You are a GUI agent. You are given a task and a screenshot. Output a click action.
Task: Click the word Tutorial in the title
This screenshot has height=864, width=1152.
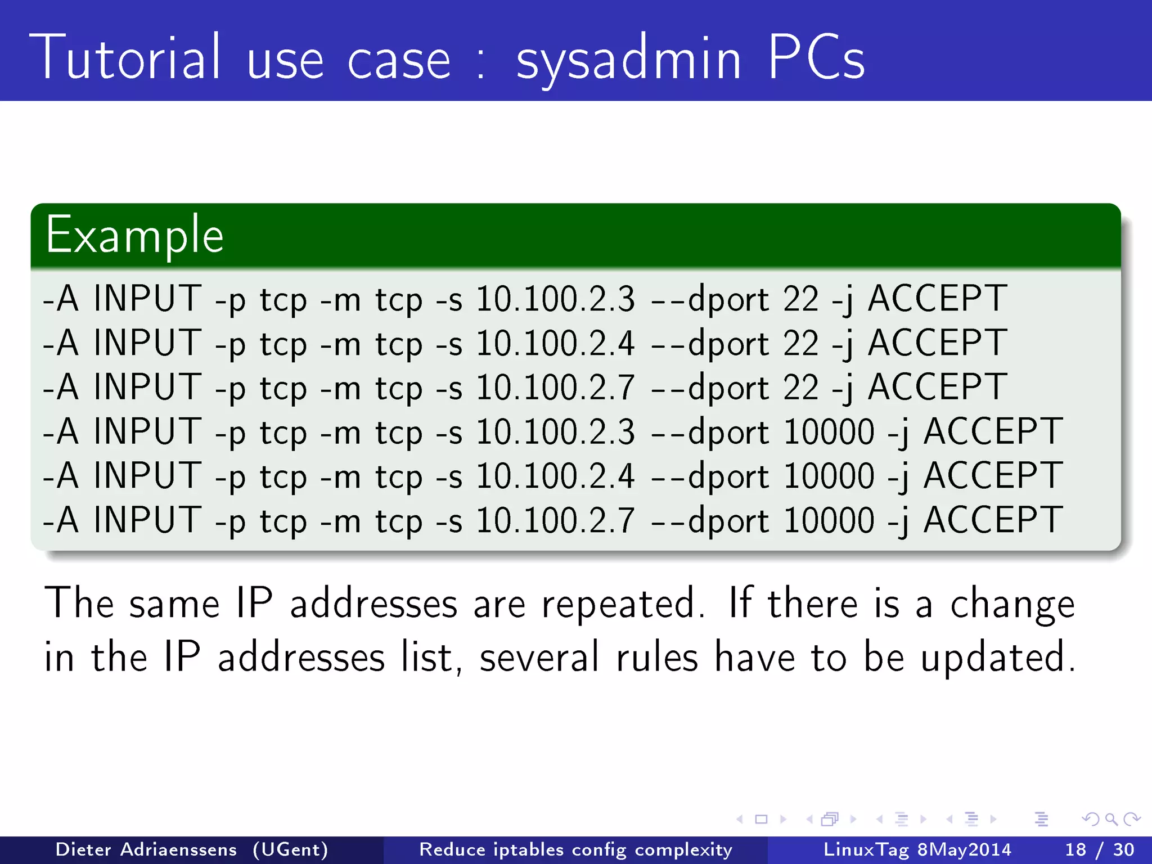point(125,57)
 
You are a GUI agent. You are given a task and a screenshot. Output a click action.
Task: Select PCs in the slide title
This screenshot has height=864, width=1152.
point(815,57)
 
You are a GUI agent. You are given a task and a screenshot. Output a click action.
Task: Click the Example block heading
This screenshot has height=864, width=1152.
point(134,236)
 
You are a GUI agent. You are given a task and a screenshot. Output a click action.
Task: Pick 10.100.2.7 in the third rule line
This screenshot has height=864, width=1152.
point(555,387)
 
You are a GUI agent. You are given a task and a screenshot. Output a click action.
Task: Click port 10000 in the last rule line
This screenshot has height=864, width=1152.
point(828,520)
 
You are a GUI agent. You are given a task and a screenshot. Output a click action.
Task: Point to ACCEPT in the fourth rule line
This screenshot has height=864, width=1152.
point(993,431)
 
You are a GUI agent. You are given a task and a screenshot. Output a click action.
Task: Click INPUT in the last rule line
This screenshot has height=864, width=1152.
point(147,520)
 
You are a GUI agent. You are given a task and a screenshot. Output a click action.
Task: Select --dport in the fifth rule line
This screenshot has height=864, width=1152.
point(709,476)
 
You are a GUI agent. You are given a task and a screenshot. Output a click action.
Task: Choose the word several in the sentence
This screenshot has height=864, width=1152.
point(539,657)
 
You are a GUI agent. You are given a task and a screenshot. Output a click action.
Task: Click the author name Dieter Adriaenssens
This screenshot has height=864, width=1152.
point(146,849)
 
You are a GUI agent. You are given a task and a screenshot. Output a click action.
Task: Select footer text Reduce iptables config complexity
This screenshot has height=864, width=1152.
point(575,849)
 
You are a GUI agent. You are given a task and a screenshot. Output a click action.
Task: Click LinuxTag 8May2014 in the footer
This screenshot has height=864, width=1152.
point(917,849)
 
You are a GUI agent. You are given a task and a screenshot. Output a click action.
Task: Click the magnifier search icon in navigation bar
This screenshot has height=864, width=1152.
point(1111,819)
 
